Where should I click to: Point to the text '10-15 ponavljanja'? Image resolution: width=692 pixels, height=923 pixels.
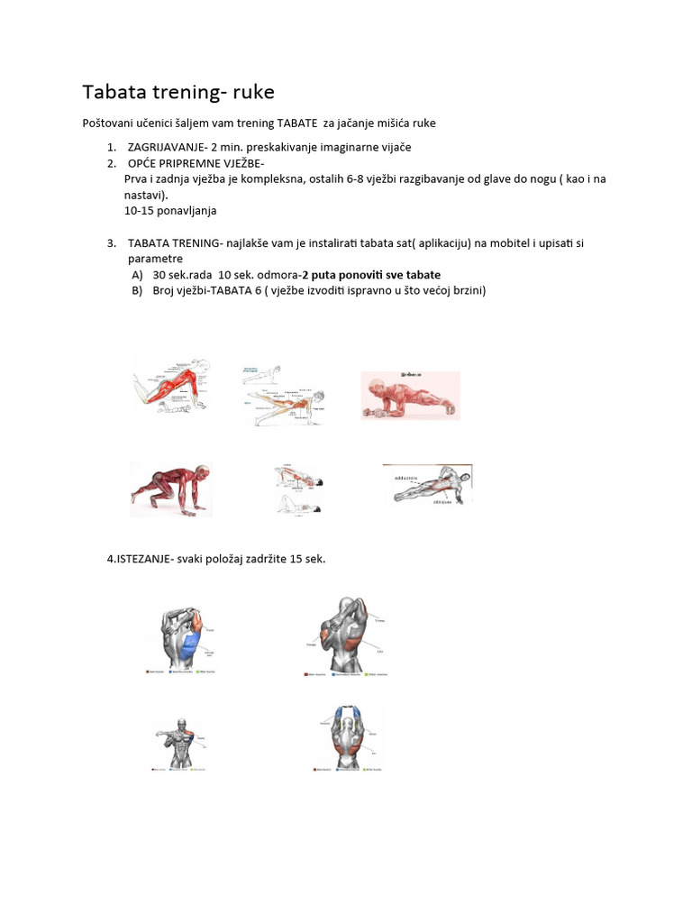pos(170,211)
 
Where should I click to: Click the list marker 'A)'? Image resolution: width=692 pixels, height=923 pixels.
pos(137,274)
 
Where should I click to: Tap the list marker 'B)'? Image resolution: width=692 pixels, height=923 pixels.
pos(137,290)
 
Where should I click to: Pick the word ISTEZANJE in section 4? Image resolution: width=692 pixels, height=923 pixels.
pos(145,559)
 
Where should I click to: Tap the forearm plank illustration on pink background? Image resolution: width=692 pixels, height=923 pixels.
pos(410,396)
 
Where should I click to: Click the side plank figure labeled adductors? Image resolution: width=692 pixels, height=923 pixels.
pos(427,487)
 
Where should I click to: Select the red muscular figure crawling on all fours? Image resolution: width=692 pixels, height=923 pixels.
pos(171,489)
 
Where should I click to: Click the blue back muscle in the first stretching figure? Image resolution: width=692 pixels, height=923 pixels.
pos(189,645)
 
